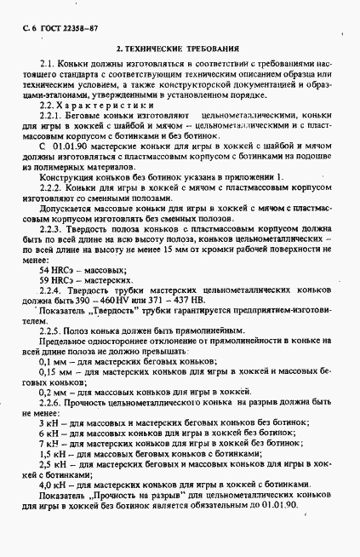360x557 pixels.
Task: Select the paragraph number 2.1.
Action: [48, 64]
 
